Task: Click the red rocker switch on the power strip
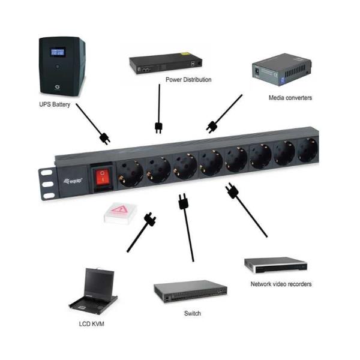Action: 104,176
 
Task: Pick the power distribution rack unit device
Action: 166,62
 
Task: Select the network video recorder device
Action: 275,265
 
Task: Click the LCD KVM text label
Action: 91,324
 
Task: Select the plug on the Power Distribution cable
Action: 159,127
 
